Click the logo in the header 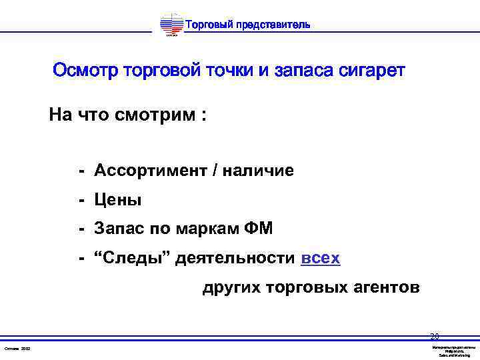[x=171, y=26]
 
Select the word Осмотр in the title [x=85, y=71]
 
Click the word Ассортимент [x=150, y=171]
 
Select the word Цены [x=118, y=200]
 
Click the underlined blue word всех [x=321, y=258]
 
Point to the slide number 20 [x=435, y=336]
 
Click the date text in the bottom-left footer [x=17, y=349]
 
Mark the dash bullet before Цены [x=81, y=200]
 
